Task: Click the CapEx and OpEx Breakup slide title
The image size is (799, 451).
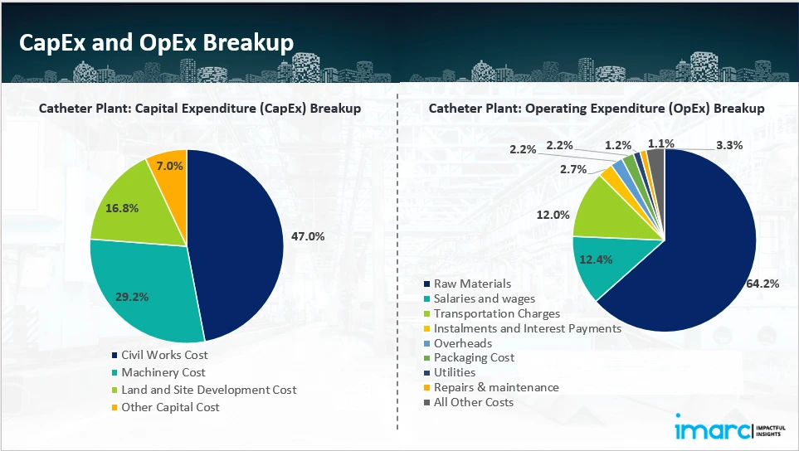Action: [156, 44]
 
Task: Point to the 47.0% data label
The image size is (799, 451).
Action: [308, 236]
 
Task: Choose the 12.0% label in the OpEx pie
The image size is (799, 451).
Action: [553, 215]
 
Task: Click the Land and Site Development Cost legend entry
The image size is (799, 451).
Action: [208, 390]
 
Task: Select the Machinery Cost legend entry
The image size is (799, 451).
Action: [163, 372]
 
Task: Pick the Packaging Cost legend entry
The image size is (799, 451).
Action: [473, 357]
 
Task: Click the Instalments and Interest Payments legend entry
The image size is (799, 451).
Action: [527, 328]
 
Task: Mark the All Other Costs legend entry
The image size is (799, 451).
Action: [473, 402]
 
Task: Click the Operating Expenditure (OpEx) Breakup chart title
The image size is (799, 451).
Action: [596, 109]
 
